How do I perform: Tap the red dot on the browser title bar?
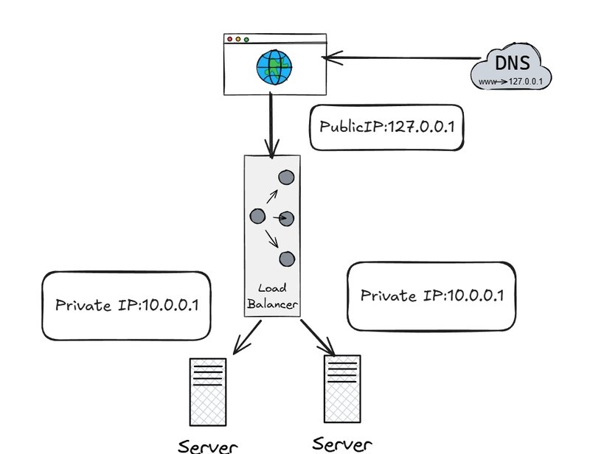tap(229, 39)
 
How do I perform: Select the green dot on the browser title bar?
tap(246, 39)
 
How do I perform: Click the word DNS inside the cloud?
tap(512, 63)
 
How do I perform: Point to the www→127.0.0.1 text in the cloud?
tap(512, 81)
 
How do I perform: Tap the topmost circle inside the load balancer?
tap(285, 177)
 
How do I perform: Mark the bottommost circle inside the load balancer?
tap(286, 259)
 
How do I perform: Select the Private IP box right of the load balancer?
tap(431, 296)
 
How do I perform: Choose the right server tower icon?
tap(342, 388)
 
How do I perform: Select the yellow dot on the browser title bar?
tap(237, 39)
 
